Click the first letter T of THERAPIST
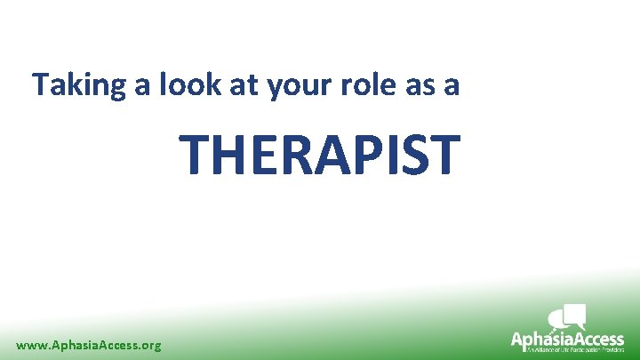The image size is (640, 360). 197,153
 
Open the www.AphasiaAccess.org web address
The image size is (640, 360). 89,344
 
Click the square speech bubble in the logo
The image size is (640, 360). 575,313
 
